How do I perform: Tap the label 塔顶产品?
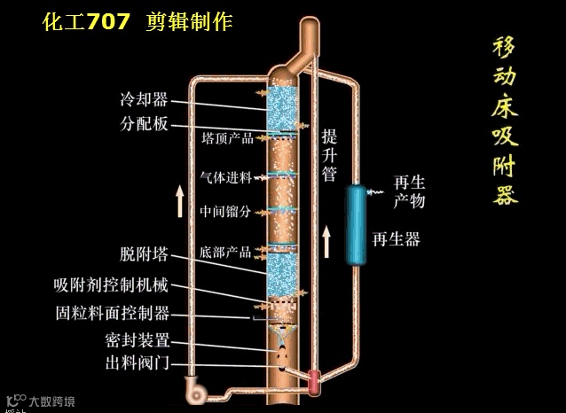pos(227,139)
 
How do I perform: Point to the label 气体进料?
pos(227,175)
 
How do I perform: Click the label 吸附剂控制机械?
pos(111,285)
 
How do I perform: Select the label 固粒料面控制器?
pos(111,313)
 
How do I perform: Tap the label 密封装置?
pos(137,340)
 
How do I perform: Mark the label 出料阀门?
pos(137,363)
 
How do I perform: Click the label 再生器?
pos(396,239)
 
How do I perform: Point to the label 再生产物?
pos(410,192)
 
